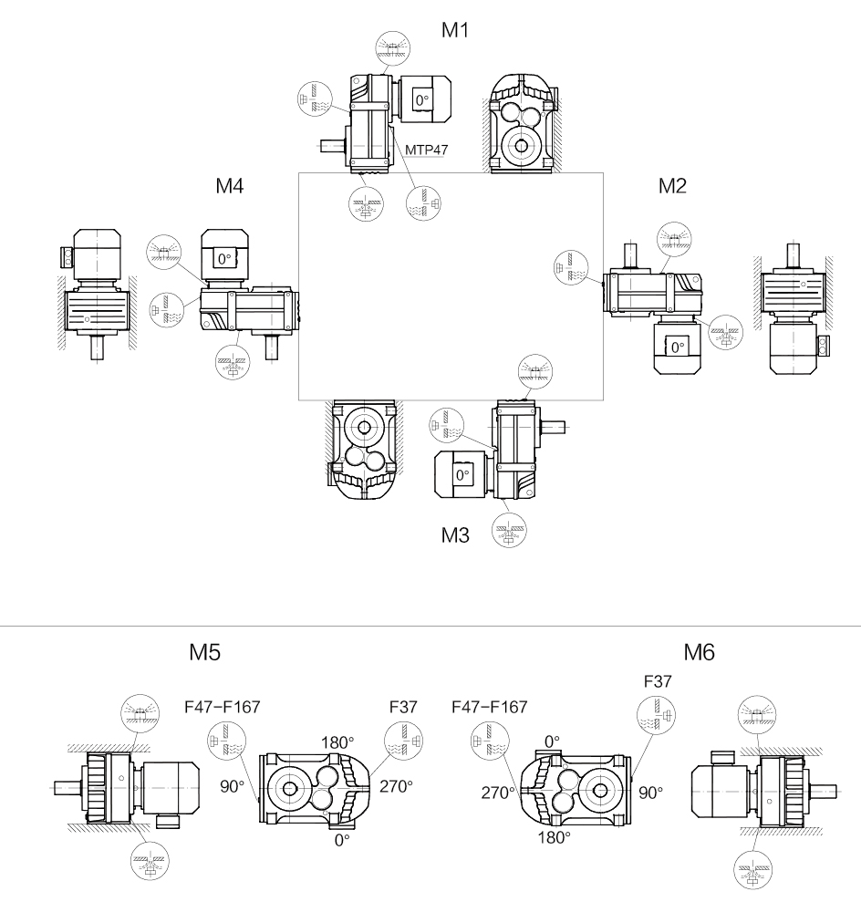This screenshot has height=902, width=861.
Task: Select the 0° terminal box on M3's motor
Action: click(462, 474)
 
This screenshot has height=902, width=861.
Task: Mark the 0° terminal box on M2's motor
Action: click(676, 347)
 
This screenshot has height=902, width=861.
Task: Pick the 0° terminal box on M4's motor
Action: click(224, 259)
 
